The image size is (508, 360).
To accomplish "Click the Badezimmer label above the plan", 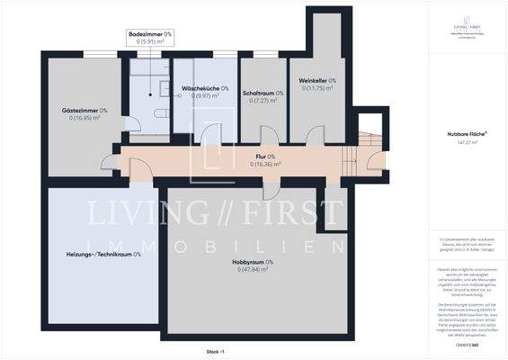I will point(149,33).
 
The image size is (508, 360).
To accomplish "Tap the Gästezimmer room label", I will point(78,111).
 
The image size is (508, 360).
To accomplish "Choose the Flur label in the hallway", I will point(265,157).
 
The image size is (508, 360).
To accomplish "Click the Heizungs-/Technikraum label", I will point(100,254).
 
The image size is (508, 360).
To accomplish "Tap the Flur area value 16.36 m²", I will point(265,165).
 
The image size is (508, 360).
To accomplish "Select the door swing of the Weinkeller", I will point(315,135).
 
